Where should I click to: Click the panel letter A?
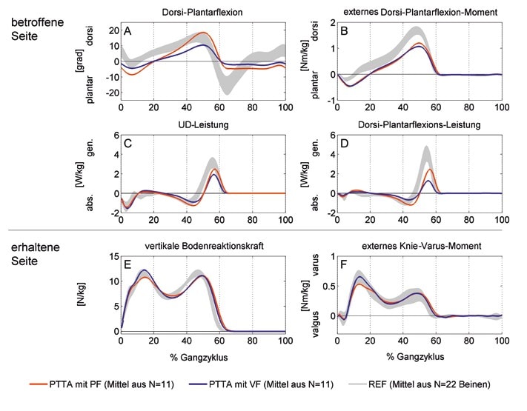pyautogui.click(x=128, y=30)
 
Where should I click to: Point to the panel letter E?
pyautogui.click(x=128, y=262)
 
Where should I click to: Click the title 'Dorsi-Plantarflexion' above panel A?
pyautogui.click(x=202, y=12)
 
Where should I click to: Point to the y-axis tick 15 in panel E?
pyautogui.click(x=109, y=256)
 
